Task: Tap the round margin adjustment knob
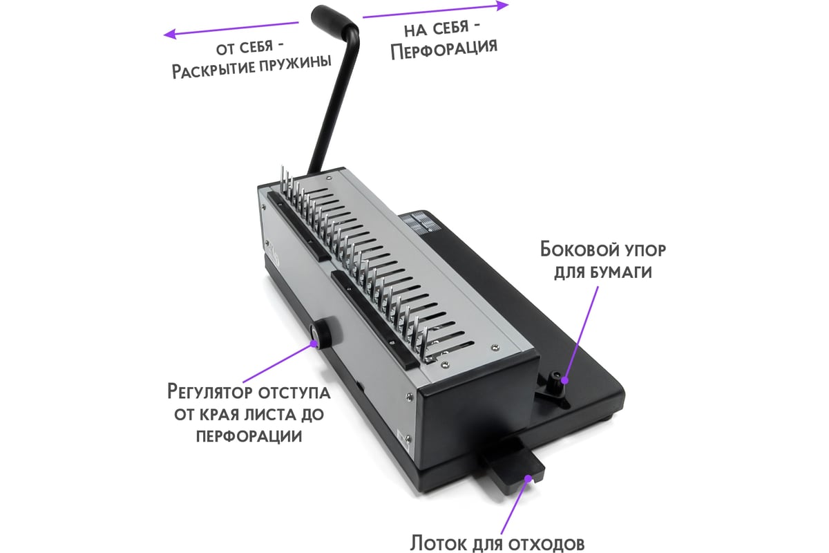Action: [321, 333]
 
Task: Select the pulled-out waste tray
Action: [515, 469]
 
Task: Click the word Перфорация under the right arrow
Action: [444, 49]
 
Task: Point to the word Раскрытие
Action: [214, 70]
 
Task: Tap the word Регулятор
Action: [210, 392]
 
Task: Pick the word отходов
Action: [546, 544]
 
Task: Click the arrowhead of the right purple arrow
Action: [502, 6]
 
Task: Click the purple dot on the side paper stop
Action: [564, 380]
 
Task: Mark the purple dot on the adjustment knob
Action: [314, 344]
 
